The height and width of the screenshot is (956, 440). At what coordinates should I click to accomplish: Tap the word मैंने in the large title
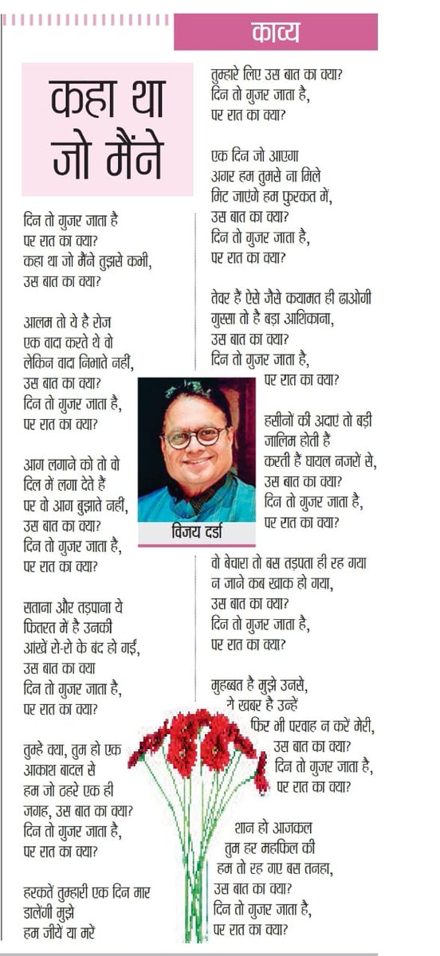coord(130,159)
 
